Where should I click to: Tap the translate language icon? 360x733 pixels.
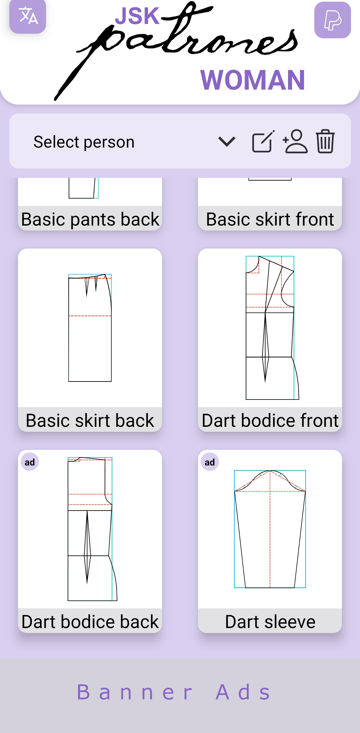[x=28, y=16]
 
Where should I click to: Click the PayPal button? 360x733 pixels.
[x=332, y=20]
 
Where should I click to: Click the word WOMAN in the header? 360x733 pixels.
[x=253, y=80]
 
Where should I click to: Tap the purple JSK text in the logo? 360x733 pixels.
[x=137, y=16]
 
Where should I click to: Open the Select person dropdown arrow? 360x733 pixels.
[x=227, y=142]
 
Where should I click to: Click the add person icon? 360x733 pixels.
[x=295, y=141]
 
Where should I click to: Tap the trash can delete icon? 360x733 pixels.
[x=325, y=141]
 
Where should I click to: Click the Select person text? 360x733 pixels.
[x=84, y=142]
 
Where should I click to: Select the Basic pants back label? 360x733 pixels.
[x=90, y=219]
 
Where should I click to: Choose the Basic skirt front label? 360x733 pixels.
[x=270, y=219]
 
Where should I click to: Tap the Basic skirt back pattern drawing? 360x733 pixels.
[x=90, y=328]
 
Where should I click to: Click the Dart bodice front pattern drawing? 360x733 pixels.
[x=272, y=328]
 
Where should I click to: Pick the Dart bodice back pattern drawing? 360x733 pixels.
[x=92, y=529]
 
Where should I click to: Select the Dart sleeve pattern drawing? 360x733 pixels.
[x=270, y=529]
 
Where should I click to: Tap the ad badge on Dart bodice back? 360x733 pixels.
[x=30, y=462]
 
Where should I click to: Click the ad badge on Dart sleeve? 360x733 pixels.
[x=210, y=462]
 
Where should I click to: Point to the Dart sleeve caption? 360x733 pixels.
[x=270, y=622]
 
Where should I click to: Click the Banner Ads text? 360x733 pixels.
[x=173, y=692]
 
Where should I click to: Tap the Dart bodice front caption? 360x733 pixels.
[x=270, y=420]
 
